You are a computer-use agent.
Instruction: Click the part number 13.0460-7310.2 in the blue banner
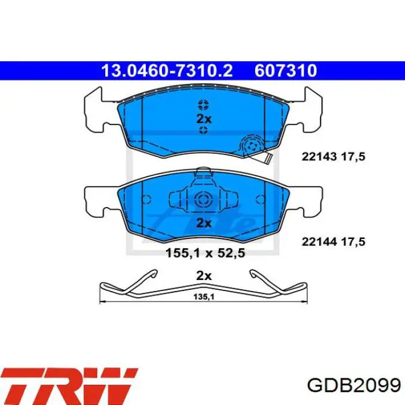(x=167, y=71)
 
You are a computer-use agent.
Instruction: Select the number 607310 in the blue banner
(x=286, y=71)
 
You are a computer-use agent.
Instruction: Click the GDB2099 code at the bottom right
(x=354, y=386)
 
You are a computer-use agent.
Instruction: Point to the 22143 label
(x=319, y=157)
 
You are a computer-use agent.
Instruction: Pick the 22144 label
(x=319, y=242)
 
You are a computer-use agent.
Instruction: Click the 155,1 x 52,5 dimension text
(x=205, y=253)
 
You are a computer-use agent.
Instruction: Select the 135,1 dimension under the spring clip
(x=204, y=297)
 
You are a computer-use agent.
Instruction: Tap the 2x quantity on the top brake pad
(x=204, y=119)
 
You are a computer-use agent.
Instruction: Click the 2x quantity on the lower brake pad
(x=204, y=223)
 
